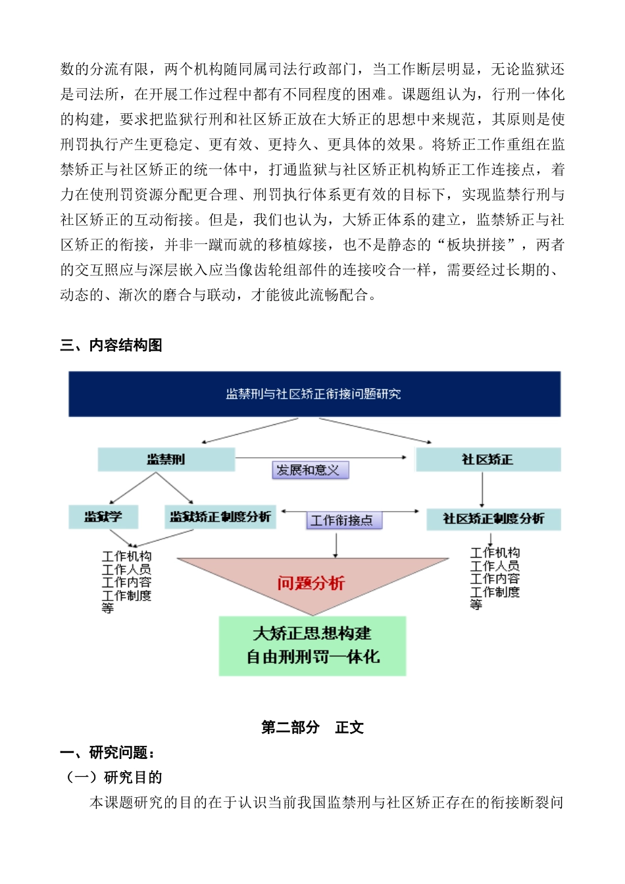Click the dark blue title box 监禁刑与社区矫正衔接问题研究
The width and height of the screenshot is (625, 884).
click(x=314, y=394)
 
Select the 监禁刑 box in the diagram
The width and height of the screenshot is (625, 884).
click(x=166, y=460)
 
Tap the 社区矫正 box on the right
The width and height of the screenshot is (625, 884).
click(x=488, y=460)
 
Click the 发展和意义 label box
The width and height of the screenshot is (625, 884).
click(x=310, y=470)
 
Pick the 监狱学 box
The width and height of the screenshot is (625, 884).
click(x=103, y=517)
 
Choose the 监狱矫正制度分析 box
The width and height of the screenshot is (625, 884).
click(x=220, y=517)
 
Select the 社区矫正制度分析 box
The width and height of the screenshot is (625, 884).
click(x=493, y=519)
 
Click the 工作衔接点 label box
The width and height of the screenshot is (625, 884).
click(x=341, y=521)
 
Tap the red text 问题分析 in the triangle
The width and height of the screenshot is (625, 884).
click(x=311, y=583)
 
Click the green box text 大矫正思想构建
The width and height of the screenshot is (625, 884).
click(x=312, y=633)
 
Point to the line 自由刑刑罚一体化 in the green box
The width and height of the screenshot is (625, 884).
click(x=312, y=657)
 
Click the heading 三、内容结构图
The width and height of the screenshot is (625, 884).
click(x=111, y=345)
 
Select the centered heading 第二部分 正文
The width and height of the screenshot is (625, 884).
click(x=312, y=727)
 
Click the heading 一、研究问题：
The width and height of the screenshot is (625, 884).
click(x=107, y=752)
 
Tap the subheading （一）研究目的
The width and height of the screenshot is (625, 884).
click(x=114, y=777)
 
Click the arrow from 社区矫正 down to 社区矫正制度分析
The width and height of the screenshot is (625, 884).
click(x=482, y=489)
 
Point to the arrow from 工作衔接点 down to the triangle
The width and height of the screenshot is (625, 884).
click(x=336, y=545)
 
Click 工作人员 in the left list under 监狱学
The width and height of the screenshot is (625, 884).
click(x=126, y=570)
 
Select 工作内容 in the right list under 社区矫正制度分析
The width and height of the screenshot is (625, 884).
click(x=495, y=579)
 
